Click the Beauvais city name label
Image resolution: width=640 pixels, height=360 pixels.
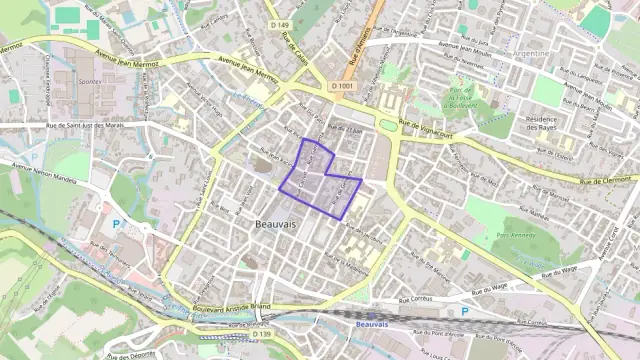[x=276, y=225]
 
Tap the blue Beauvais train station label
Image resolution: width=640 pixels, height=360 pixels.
[x=371, y=324]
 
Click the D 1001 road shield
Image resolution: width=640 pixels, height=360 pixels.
[x=342, y=86]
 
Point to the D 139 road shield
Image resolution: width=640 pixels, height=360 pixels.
[x=262, y=334]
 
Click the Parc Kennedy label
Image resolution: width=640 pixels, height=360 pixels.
[x=516, y=235]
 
